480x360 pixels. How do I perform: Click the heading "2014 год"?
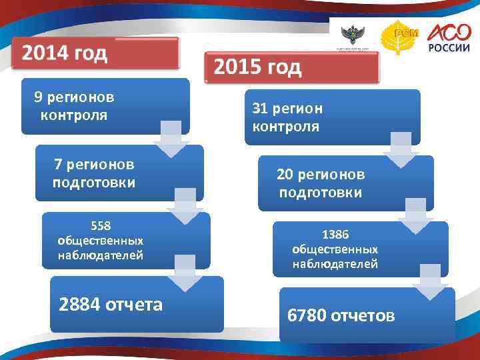click(x=65, y=53)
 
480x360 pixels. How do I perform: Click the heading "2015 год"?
click(x=257, y=67)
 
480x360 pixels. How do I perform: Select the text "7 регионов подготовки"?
click(x=94, y=173)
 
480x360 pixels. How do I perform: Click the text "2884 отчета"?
click(x=111, y=305)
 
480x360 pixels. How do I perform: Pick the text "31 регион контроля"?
click(x=287, y=117)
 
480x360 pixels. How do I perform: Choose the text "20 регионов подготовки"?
click(x=321, y=183)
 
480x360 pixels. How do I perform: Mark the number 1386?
click(x=335, y=234)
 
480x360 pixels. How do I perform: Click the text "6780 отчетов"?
click(x=341, y=315)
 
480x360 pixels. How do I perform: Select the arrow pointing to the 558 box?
click(x=185, y=206)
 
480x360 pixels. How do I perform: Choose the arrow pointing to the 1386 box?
click(x=415, y=216)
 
